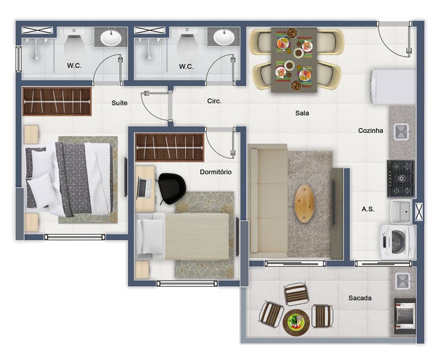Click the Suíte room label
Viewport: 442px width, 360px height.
tap(120, 103)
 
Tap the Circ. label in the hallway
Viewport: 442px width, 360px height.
tap(214, 101)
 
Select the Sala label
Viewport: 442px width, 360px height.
tap(302, 113)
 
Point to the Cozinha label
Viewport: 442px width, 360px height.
tap(370, 130)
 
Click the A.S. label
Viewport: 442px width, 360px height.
tap(368, 209)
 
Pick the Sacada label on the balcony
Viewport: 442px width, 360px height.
tap(360, 298)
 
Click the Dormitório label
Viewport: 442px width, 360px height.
tap(216, 172)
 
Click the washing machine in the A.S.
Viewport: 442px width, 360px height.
tap(397, 241)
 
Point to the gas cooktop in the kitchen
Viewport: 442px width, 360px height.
tap(401, 178)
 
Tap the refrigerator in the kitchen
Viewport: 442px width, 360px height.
tap(392, 87)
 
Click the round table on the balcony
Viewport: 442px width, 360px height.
tap(296, 322)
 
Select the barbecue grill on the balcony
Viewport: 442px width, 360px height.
tap(405, 316)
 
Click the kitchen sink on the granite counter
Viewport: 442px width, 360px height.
tap(402, 132)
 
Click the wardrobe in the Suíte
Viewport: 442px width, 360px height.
tap(57, 101)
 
